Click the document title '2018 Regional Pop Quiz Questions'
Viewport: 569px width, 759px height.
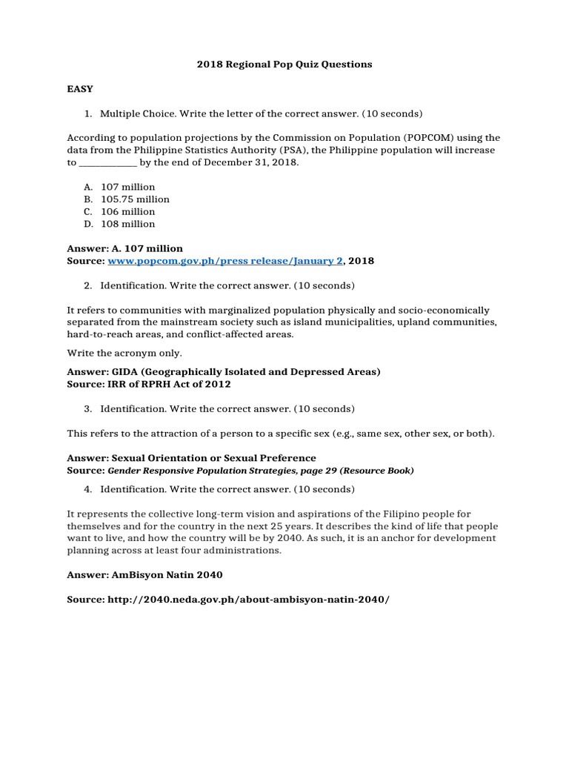tap(284, 64)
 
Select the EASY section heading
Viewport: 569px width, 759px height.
tap(80, 89)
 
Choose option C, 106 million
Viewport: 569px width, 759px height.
tap(127, 211)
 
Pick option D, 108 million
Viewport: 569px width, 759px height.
tap(127, 224)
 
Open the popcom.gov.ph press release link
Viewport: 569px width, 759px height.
tap(225, 261)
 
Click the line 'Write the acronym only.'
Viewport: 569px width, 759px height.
tap(124, 353)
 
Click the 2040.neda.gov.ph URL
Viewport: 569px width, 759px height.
tap(248, 599)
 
